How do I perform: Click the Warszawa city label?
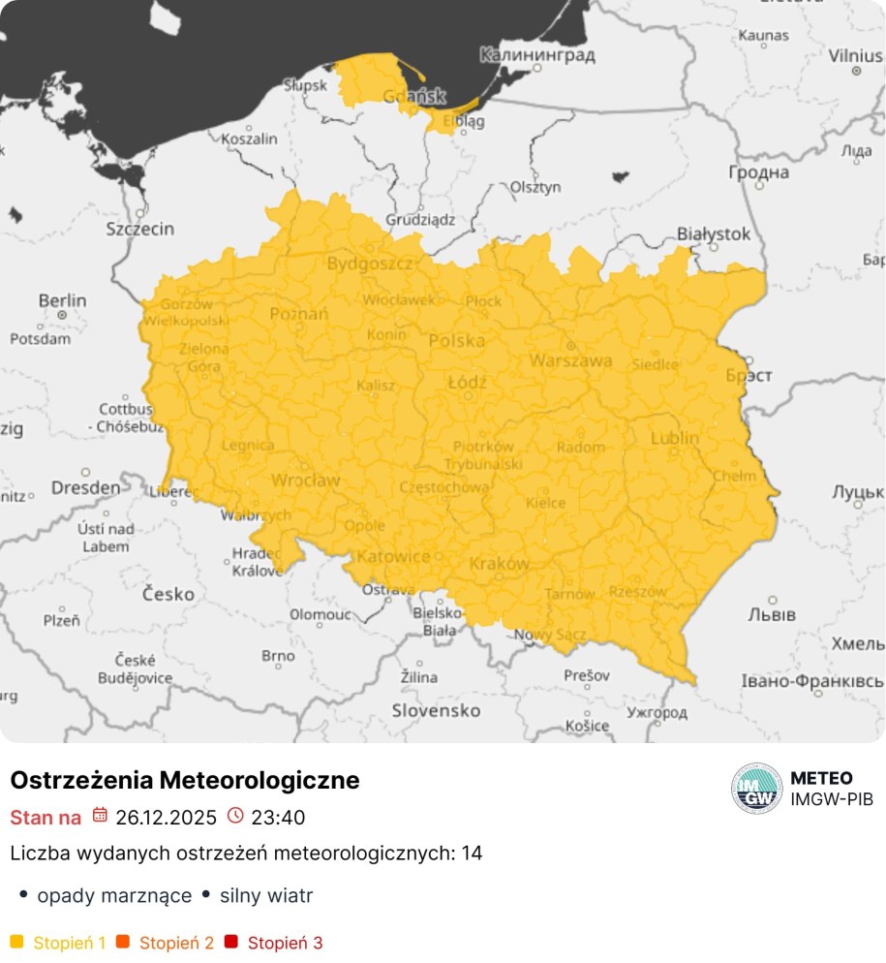[x=570, y=360]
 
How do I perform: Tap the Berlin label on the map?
[x=62, y=301]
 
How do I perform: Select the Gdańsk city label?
[x=413, y=96]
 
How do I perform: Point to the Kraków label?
[x=499, y=564]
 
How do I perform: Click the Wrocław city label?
[x=305, y=481]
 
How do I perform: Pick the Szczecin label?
[x=139, y=229]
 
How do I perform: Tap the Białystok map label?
[x=714, y=233]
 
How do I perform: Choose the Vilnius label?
[x=855, y=56]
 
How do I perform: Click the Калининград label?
[x=537, y=55]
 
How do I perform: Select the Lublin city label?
[x=674, y=438]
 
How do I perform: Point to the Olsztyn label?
[x=535, y=185]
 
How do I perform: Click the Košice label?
[x=587, y=726]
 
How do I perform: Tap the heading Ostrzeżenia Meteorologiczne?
[x=184, y=780]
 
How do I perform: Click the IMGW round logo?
[x=756, y=789]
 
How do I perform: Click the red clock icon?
[x=235, y=816]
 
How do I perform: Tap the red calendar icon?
[x=100, y=816]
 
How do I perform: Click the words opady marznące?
[x=113, y=896]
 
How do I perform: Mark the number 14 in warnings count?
[x=472, y=854]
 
